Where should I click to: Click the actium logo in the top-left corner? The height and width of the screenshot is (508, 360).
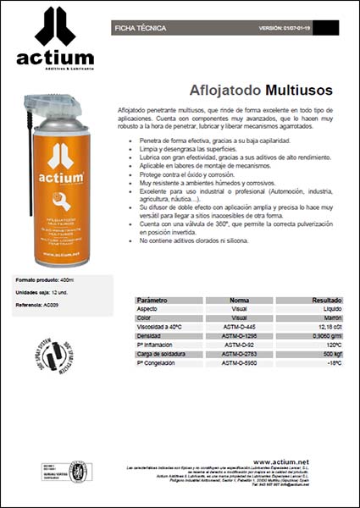[55, 38]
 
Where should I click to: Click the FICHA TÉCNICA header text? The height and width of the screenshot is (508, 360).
[139, 28]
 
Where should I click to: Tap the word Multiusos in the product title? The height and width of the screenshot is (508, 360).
[299, 88]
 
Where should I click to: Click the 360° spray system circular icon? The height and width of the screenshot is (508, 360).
[53, 356]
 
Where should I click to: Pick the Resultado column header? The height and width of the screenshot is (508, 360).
[323, 300]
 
